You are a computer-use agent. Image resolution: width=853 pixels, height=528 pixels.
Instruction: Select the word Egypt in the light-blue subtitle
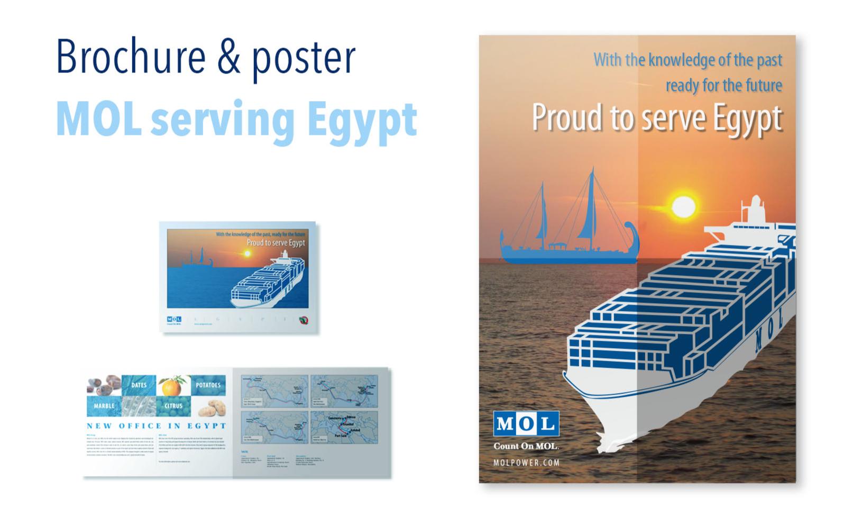coord(362,120)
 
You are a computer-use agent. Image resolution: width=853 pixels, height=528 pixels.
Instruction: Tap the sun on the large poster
coord(683,207)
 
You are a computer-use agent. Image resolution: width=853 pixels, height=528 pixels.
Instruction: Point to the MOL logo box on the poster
coord(526,423)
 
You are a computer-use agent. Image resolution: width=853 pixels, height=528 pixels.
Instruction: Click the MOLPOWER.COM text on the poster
coord(526,462)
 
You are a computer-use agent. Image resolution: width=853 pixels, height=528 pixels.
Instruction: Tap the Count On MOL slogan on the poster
coord(526,446)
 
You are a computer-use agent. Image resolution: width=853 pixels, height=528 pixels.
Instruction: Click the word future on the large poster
coord(764,85)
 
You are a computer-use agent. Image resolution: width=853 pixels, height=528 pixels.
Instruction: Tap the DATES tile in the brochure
coord(139,385)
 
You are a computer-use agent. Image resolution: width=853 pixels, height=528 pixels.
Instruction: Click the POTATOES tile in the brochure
coord(208,385)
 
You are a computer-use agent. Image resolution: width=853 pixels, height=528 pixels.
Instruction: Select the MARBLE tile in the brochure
coord(104,406)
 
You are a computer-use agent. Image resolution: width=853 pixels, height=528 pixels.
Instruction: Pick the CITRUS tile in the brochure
coord(173,406)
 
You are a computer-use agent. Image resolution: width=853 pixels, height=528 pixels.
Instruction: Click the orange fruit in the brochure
coord(172,386)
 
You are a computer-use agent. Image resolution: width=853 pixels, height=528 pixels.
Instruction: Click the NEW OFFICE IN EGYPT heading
coord(157,426)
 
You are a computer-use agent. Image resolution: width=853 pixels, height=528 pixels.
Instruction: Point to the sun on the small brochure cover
coord(246,254)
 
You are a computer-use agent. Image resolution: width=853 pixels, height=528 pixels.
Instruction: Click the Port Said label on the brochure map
coord(342,436)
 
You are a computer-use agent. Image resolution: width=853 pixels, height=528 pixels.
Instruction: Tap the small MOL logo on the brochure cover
coord(174,320)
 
